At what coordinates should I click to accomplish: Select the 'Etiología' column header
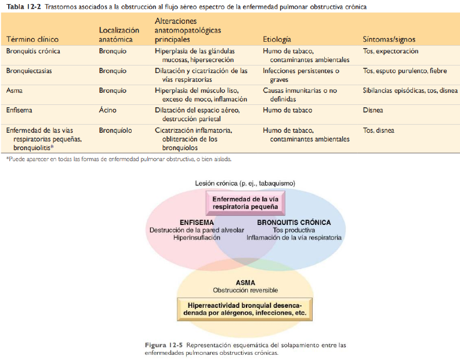coord(278,39)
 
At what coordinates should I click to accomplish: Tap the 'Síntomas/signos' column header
coord(389,39)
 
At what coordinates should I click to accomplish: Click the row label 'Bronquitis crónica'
coord(33,52)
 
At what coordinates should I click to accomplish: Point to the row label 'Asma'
coord(15,91)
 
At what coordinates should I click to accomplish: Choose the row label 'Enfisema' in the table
coord(20,110)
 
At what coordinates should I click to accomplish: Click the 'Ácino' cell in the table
coord(108,110)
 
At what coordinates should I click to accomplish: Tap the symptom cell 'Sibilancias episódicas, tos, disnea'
coord(410,91)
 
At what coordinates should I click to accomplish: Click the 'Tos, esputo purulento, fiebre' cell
coord(404,71)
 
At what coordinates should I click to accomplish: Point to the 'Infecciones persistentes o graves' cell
coord(301,75)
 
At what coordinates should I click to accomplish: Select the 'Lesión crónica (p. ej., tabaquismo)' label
coord(245,183)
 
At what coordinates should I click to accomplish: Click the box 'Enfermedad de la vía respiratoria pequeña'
coord(245,202)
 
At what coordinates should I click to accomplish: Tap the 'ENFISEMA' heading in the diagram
coord(197,222)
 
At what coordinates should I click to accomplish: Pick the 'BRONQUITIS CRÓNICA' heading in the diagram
coord(294,222)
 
